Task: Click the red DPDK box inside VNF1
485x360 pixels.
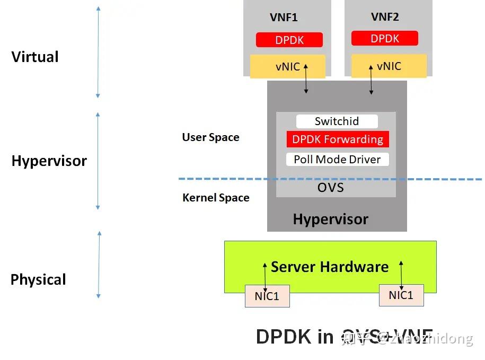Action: click(289, 40)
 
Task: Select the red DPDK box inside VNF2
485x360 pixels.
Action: click(384, 38)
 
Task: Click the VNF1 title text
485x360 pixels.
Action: click(284, 17)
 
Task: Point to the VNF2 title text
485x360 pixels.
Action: click(385, 17)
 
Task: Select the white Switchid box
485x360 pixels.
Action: click(337, 121)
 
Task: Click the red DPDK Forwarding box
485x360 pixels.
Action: click(338, 139)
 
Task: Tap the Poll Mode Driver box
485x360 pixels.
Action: click(337, 160)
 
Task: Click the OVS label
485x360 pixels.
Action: click(330, 188)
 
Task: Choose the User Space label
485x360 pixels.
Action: click(210, 137)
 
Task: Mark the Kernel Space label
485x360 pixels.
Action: click(216, 198)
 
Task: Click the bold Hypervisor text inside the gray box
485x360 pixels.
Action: click(330, 219)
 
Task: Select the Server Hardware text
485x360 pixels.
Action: click(329, 267)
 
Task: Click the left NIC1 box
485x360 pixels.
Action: click(267, 296)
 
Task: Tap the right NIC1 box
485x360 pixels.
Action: click(401, 295)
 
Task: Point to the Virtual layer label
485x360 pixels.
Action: click(35, 57)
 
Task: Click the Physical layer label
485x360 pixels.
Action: click(38, 279)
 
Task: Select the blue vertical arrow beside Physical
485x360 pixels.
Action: click(99, 265)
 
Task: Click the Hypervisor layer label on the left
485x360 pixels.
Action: click(49, 161)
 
